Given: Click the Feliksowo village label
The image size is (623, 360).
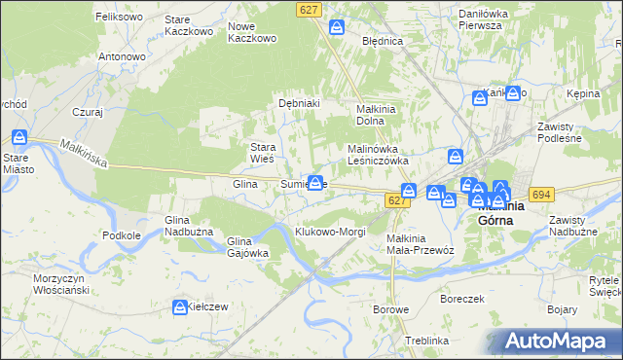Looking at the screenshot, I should [120, 17].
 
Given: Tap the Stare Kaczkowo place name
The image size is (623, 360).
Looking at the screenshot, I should [189, 25].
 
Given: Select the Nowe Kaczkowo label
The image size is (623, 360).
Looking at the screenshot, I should [252, 32].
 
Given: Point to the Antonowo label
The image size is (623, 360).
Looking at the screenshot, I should [122, 56].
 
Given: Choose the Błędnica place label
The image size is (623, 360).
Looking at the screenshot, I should [383, 42].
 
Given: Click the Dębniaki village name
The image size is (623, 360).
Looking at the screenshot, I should [300, 102].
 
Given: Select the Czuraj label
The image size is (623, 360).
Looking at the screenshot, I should [87, 112].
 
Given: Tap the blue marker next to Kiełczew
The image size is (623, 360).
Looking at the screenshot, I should [180, 307].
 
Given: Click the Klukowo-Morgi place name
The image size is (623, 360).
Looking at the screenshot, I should [330, 232].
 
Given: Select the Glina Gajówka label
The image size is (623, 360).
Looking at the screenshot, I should [247, 247].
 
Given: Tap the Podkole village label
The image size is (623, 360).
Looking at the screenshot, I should [122, 234].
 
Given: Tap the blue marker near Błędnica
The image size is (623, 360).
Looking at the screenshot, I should [337, 27].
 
